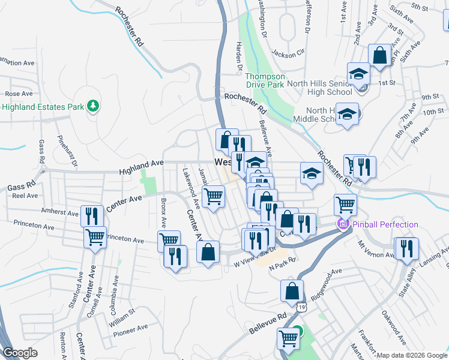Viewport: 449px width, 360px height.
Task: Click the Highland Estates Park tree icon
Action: click(92, 107)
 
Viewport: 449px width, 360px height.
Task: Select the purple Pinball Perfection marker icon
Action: click(343, 225)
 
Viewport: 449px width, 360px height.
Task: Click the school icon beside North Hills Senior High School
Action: click(358, 74)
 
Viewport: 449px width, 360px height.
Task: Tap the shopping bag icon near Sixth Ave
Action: click(379, 56)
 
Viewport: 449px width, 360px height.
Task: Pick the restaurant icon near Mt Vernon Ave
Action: click(406, 248)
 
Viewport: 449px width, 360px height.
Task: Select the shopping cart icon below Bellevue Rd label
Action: click(289, 338)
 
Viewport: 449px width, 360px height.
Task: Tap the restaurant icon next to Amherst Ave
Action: click(92, 215)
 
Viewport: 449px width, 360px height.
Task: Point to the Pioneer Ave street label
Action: click(134, 328)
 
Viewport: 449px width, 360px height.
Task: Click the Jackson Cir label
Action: click(288, 52)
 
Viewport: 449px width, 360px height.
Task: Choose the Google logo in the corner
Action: click(20, 353)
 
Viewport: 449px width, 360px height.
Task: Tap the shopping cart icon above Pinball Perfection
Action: click(346, 204)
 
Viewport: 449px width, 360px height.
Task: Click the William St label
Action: click(123, 319)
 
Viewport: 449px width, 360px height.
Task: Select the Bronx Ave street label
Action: click(162, 212)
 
